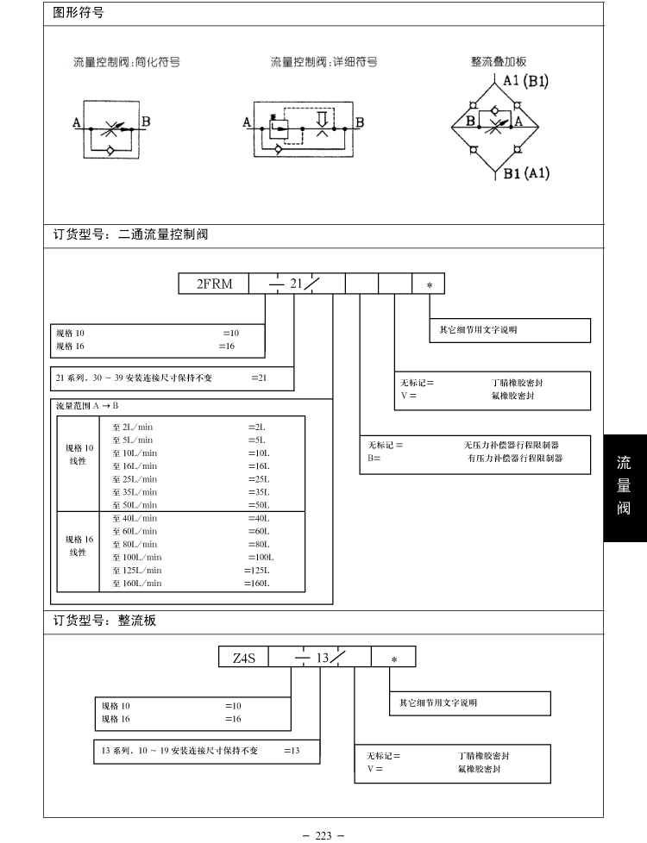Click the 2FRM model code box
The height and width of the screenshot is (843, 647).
(x=214, y=284)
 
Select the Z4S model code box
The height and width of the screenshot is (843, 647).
(x=244, y=658)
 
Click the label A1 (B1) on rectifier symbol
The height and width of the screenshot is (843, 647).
(x=526, y=82)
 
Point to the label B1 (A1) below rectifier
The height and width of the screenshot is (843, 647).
(x=526, y=173)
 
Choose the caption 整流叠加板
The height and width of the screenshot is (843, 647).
(x=499, y=62)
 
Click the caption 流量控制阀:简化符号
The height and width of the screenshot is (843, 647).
(x=126, y=63)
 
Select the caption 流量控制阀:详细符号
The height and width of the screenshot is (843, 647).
(x=323, y=63)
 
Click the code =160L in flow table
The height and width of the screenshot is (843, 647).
(x=256, y=584)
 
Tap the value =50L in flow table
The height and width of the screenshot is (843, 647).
(x=258, y=505)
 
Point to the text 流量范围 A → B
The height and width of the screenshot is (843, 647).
(x=87, y=405)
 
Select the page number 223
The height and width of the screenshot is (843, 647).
(x=323, y=835)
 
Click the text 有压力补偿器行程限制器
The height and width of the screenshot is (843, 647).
(x=509, y=459)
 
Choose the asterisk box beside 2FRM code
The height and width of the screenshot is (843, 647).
(x=430, y=284)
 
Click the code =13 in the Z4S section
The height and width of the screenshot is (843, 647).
(x=292, y=751)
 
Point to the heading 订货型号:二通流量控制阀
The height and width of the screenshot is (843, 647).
(x=130, y=234)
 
